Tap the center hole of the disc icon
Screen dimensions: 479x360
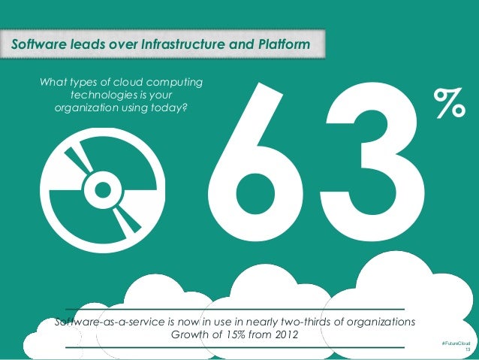pyautogui.click(x=99, y=184)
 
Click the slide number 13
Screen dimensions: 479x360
pyautogui.click(x=468, y=350)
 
